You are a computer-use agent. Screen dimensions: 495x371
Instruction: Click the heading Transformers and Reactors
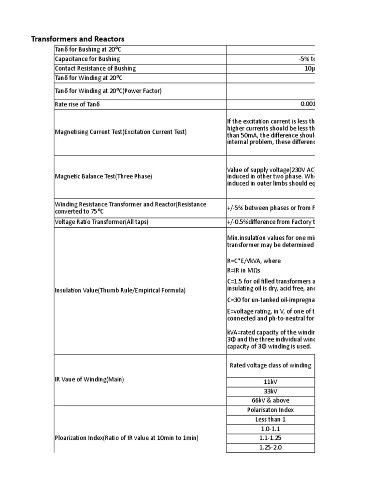[x=78, y=39]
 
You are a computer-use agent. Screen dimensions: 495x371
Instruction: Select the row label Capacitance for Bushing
[x=87, y=59]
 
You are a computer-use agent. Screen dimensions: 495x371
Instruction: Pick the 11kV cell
[x=270, y=381]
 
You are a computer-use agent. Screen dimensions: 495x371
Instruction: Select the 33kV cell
[x=270, y=391]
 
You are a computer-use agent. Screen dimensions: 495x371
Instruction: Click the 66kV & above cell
[x=270, y=401]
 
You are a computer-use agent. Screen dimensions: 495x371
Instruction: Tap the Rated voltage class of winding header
[x=270, y=365]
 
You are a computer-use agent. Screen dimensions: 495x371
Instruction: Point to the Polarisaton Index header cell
[x=270, y=410]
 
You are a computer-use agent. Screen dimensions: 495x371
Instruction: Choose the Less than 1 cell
[x=270, y=419]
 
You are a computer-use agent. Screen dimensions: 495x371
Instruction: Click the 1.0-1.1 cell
[x=270, y=428]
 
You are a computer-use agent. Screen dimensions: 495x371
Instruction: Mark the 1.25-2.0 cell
[x=270, y=447]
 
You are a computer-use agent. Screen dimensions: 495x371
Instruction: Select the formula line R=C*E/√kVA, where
[x=254, y=261]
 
